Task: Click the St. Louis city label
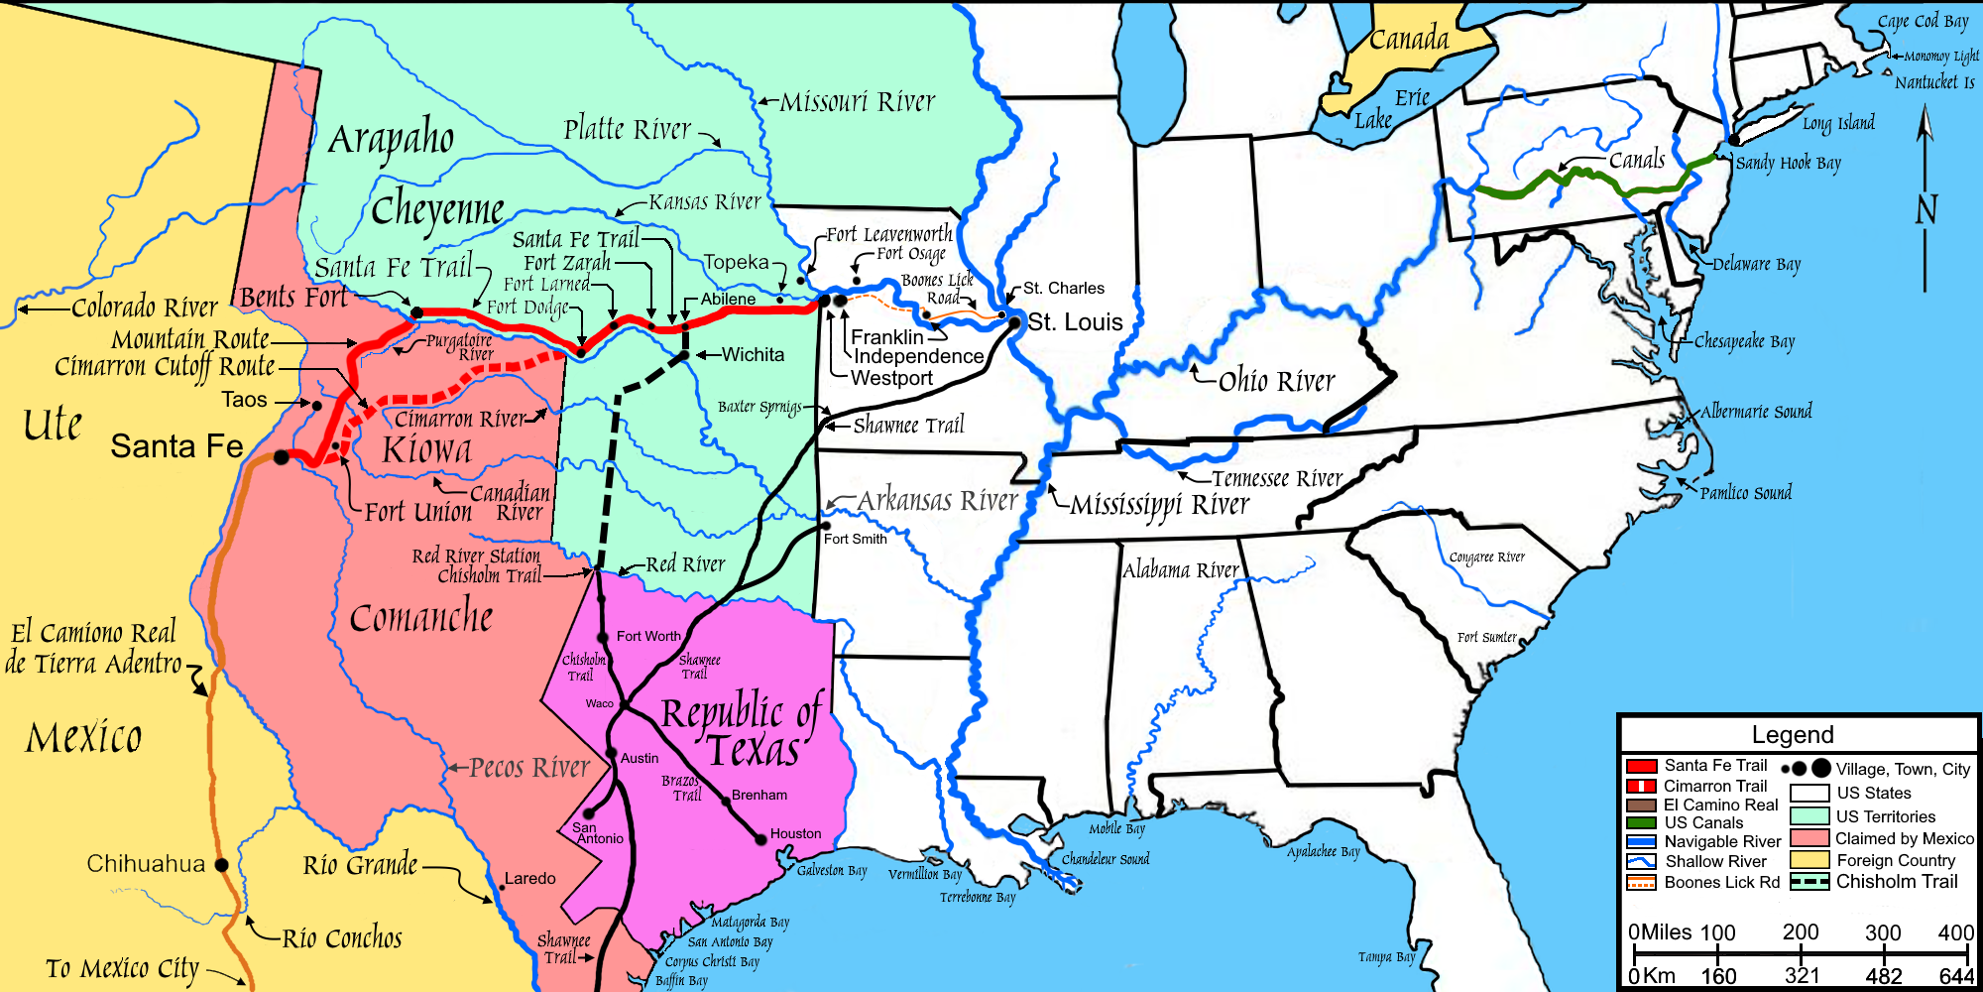pos(1075,322)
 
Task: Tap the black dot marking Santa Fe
pos(282,457)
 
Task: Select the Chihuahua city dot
pos(222,865)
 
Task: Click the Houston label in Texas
pos(795,834)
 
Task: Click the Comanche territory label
pos(421,617)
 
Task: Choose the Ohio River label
pos(1277,381)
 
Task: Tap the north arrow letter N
pos(1925,210)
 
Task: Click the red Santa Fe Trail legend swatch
pos(1642,766)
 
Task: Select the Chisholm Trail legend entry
pos(1896,882)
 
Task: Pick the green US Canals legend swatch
pos(1642,823)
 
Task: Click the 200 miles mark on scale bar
pos(1801,932)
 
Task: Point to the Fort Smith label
pos(855,540)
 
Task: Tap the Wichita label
pos(753,355)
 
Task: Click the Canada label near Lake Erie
pos(1409,40)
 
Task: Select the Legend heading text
pos(1793,735)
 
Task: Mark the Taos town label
pos(244,400)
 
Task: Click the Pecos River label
pos(529,768)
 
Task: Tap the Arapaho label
pos(391,140)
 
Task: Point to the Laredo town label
pos(530,879)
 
